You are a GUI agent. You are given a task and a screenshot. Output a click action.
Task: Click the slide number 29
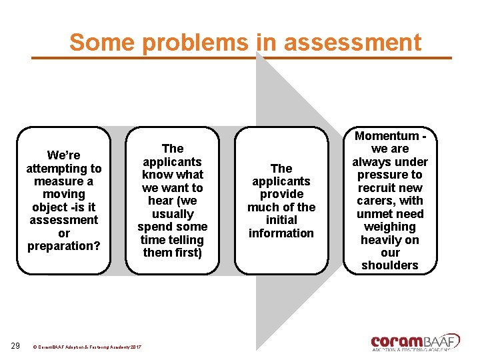coord(15,346)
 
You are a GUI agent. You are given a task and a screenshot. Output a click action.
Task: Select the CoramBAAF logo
coord(415,342)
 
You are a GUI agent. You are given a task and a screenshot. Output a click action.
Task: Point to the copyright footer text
coord(86,347)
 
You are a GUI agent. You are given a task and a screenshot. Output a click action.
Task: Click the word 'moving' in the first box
coord(63,194)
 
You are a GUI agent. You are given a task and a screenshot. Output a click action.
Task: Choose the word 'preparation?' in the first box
coord(63,246)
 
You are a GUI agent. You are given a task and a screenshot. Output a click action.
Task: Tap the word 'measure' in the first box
coord(54,181)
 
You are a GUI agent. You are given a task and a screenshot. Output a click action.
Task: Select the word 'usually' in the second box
coord(173,214)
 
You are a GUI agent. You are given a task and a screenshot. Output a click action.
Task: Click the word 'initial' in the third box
coord(281,220)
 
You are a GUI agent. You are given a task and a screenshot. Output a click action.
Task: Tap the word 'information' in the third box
coord(281,233)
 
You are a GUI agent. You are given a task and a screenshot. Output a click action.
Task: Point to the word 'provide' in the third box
coord(281,194)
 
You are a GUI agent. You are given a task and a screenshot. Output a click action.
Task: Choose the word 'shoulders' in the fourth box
coord(390,265)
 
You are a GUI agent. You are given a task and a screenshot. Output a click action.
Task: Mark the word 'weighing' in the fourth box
coord(390,227)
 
